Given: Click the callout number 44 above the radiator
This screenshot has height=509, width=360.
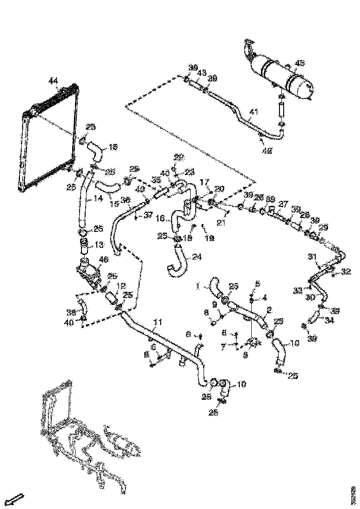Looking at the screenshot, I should pyautogui.click(x=53, y=82).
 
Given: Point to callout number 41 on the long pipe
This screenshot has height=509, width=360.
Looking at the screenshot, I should pyautogui.click(x=254, y=112).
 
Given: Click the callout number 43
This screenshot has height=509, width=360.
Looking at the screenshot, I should pyautogui.click(x=202, y=73).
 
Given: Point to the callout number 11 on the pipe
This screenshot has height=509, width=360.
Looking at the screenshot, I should pyautogui.click(x=158, y=321).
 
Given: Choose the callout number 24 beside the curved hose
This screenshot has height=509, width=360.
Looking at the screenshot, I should pyautogui.click(x=196, y=255).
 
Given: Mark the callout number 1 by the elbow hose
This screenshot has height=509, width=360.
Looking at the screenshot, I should pyautogui.click(x=197, y=286).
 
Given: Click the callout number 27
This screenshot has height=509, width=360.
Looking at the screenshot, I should pyautogui.click(x=283, y=204).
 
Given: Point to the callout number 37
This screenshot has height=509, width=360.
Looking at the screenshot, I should pyautogui.click(x=147, y=215).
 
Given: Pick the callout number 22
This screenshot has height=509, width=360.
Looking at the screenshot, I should pyautogui.click(x=178, y=157).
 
